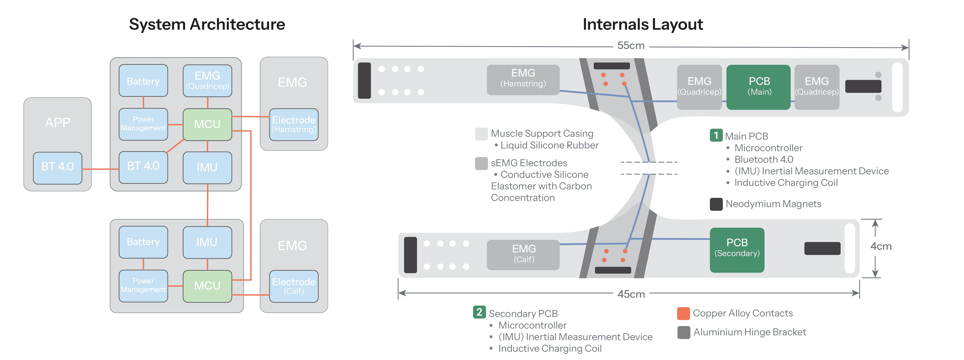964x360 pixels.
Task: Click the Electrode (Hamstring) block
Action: tap(294, 124)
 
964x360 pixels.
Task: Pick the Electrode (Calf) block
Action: tap(294, 286)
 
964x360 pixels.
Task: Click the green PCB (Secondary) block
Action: tap(737, 250)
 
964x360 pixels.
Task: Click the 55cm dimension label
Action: tap(631, 46)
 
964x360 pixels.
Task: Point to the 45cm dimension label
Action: tap(631, 294)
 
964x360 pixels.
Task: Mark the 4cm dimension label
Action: tap(881, 246)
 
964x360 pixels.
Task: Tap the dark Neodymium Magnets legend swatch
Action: tap(716, 204)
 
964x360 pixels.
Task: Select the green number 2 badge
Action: tap(479, 312)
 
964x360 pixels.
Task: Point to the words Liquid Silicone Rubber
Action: tap(549, 145)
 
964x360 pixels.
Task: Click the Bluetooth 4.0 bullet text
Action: tap(763, 159)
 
